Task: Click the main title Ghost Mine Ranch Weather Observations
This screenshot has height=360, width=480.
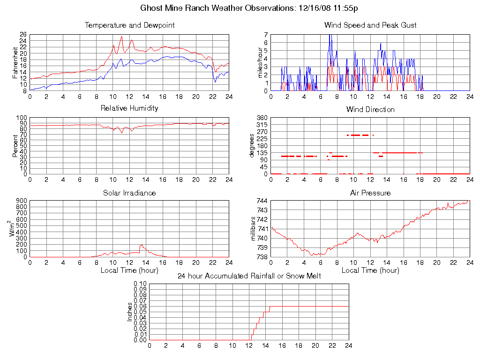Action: (x=249, y=8)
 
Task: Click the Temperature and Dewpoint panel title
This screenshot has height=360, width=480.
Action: (x=129, y=25)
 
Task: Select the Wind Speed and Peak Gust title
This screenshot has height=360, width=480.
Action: (x=370, y=25)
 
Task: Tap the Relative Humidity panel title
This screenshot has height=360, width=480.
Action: (x=129, y=108)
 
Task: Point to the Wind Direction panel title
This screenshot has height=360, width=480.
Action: (x=370, y=110)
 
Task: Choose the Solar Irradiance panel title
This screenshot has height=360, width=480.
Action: (x=129, y=193)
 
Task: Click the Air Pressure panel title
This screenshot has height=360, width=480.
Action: (x=370, y=193)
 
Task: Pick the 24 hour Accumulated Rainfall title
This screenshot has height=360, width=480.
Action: (x=249, y=276)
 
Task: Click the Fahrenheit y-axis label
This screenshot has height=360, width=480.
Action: (x=15, y=62)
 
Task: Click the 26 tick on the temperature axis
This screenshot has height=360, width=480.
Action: (x=23, y=35)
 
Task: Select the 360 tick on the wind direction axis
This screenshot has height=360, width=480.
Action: (x=262, y=118)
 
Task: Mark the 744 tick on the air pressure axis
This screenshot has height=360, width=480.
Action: (x=262, y=201)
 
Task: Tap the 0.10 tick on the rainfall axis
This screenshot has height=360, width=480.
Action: (x=140, y=284)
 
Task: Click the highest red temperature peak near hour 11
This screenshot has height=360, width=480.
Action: (x=121, y=37)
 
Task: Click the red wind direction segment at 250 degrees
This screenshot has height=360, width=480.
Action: (x=359, y=135)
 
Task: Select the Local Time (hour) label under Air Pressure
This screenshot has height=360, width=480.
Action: (x=370, y=270)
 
